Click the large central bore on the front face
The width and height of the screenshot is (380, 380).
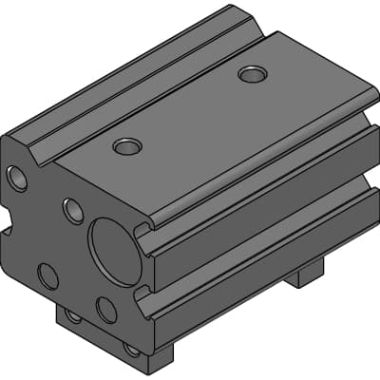coord(115,252)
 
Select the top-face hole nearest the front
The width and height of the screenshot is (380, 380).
coord(127,146)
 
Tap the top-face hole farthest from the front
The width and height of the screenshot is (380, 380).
coord(252,73)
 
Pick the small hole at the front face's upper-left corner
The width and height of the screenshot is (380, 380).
coord(17,177)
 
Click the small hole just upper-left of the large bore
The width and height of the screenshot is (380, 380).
coord(73,210)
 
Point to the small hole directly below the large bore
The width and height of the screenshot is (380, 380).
coord(106,309)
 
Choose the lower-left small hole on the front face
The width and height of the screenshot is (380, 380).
coord(47,275)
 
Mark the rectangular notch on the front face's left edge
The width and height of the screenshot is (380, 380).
coord(5,228)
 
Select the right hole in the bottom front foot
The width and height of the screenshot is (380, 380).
coord(132,349)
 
